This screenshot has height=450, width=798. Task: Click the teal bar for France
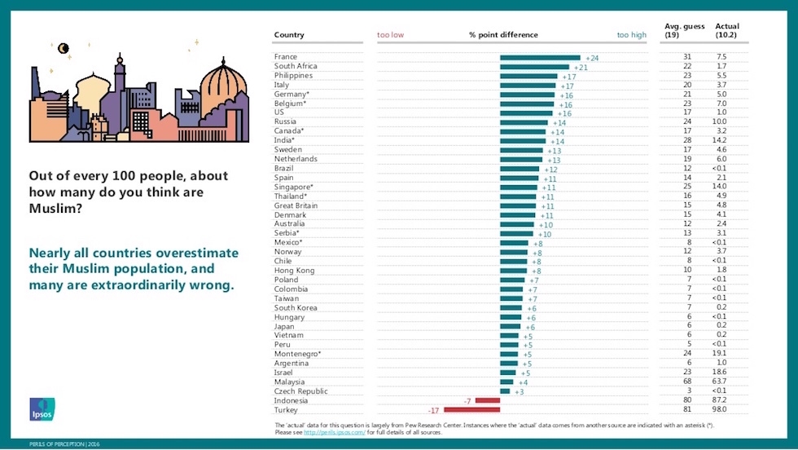540,57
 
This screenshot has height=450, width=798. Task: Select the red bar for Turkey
471,409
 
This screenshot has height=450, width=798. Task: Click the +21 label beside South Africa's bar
581,67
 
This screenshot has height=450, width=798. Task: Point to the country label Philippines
293,76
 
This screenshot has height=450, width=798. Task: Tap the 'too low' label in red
390,35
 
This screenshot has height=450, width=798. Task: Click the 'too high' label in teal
631,35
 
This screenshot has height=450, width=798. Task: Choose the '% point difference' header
503,35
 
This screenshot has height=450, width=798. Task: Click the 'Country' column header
289,35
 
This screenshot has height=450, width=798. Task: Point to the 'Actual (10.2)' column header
726,31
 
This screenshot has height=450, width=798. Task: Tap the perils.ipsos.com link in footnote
335,433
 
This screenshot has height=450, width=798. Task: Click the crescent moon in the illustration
64,48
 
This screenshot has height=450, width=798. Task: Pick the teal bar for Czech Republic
505,390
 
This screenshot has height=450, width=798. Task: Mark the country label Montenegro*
297,354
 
